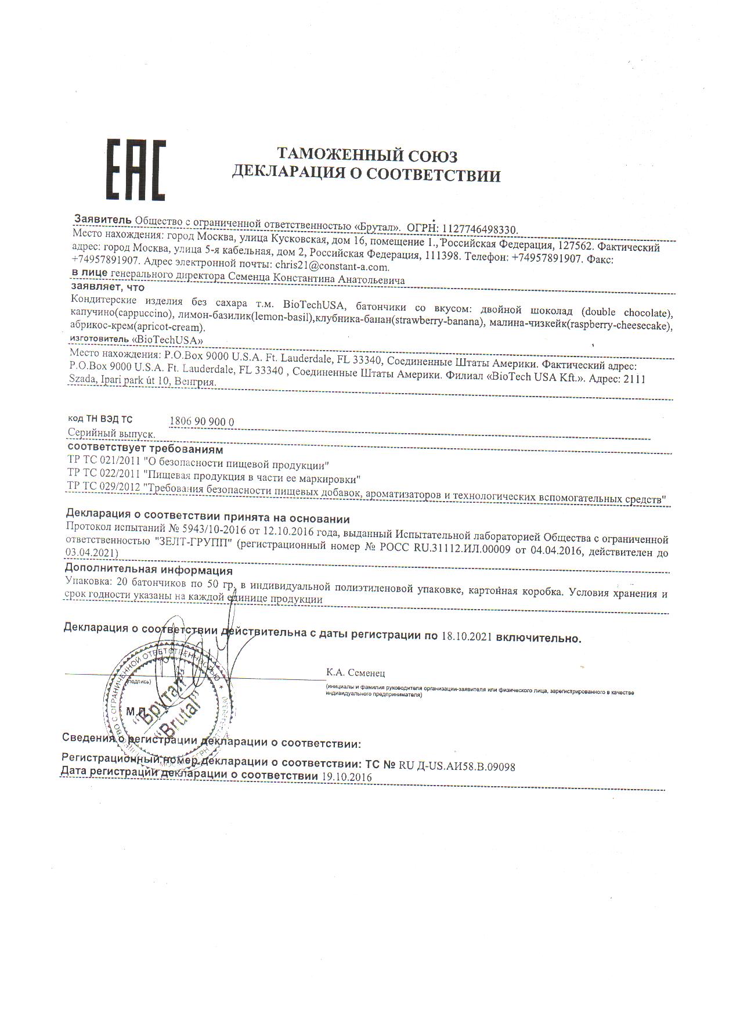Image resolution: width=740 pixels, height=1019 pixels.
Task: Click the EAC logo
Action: tap(135, 169)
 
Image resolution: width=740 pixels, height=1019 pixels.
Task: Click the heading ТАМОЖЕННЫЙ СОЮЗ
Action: tap(366, 156)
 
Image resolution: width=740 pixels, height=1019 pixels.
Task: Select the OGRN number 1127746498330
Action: tap(479, 229)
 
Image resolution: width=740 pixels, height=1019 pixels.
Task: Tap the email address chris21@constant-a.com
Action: tap(331, 267)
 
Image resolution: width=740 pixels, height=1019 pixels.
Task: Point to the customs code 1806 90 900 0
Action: tap(202, 422)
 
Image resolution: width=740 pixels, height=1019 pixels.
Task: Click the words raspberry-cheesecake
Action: tap(618, 326)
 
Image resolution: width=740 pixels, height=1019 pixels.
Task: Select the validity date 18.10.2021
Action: tap(466, 636)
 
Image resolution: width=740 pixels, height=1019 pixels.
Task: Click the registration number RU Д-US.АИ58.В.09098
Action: tap(457, 766)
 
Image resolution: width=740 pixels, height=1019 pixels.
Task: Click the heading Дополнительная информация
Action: tap(149, 570)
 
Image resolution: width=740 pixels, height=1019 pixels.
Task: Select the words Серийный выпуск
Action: tap(111, 433)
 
